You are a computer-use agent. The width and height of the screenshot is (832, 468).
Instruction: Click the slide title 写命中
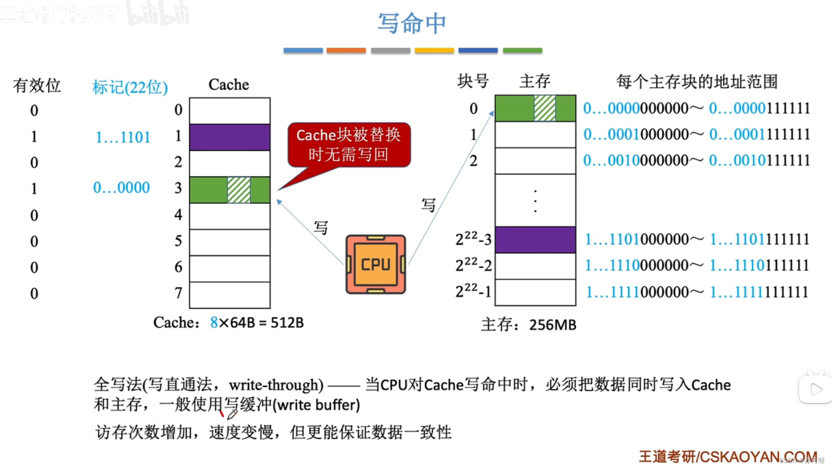click(412, 23)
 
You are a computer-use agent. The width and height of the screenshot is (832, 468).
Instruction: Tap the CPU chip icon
click(376, 264)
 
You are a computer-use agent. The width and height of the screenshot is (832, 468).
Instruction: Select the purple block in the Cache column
click(230, 137)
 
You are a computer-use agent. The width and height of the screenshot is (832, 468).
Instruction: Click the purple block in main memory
click(535, 239)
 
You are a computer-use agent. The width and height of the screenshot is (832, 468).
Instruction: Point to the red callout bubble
click(349, 145)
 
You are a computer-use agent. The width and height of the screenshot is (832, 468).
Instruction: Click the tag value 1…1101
click(123, 137)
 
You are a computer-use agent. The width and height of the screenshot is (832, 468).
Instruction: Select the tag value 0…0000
click(121, 187)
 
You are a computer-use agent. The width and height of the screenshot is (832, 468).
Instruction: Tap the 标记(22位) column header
click(130, 87)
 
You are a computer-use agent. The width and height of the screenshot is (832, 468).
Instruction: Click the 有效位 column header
click(36, 85)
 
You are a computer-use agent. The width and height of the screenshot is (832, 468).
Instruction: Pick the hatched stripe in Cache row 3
click(239, 190)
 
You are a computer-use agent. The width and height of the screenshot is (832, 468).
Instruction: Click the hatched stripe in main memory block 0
click(545, 108)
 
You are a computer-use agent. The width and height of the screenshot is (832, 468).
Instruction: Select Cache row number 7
click(178, 293)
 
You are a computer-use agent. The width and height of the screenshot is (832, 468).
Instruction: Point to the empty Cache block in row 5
click(230, 242)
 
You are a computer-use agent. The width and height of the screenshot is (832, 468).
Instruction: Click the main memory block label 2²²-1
click(473, 291)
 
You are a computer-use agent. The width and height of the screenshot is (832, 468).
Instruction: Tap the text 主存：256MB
click(528, 325)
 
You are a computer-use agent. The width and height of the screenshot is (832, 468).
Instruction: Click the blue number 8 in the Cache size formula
click(214, 322)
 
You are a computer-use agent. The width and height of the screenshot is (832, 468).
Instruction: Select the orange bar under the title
click(346, 50)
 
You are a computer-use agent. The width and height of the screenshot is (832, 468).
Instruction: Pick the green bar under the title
click(522, 50)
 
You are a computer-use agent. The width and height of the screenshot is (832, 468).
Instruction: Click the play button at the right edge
click(816, 389)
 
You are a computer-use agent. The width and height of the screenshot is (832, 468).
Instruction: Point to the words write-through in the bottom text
click(276, 385)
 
